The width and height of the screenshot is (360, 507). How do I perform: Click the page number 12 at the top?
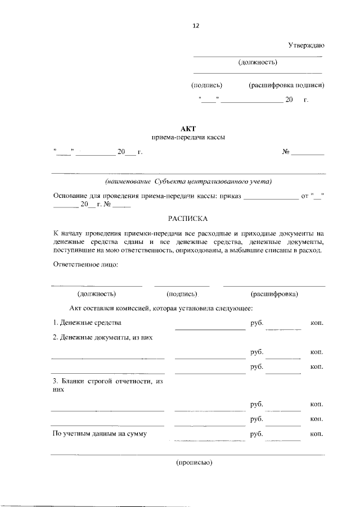tap(196, 26)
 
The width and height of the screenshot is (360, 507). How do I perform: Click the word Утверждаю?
tap(306, 44)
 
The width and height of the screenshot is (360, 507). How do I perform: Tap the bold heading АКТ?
tap(188, 128)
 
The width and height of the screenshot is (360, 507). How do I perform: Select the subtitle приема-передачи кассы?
tap(188, 138)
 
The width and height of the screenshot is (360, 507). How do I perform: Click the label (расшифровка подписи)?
tap(286, 85)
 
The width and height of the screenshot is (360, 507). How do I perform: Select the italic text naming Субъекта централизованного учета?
tap(188, 181)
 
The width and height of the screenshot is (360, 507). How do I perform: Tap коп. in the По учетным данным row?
tap(316, 434)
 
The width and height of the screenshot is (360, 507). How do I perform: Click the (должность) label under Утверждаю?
tap(258, 62)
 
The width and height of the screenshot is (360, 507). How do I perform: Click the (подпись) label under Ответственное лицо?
tap(182, 294)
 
